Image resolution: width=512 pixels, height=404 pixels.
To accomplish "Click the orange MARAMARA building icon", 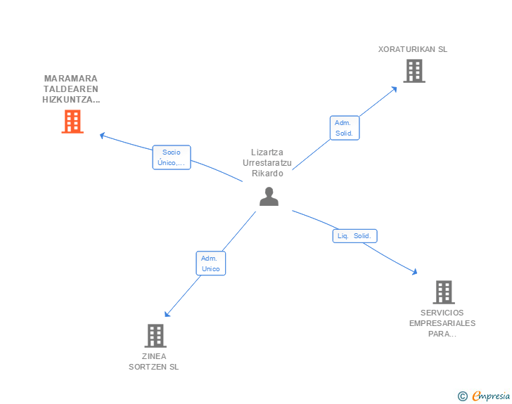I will [72, 122].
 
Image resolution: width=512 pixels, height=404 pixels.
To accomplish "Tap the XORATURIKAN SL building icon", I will [414, 71].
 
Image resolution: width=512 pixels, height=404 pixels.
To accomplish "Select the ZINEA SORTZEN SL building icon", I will [155, 336].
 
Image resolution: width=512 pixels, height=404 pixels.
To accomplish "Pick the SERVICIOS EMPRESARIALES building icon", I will [443, 292].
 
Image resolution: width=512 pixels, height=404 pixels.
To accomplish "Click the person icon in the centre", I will [269, 197].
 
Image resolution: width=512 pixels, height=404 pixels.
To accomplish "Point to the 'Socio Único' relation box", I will [172, 157].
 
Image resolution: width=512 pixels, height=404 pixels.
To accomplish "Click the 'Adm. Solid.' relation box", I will [345, 128].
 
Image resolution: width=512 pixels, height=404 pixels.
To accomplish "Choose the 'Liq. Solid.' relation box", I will [354, 236].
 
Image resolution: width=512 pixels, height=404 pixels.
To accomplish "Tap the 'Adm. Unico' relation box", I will [210, 263].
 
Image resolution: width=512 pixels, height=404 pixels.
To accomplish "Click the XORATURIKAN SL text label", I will [413, 49].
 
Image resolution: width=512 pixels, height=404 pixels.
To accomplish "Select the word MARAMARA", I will [70, 78].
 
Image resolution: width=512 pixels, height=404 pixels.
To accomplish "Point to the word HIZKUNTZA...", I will [70, 100].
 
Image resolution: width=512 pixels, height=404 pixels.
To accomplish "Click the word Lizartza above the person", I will [267, 152].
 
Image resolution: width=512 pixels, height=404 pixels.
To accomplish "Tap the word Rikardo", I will [267, 173].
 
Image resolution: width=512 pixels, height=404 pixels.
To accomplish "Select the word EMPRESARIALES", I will [442, 323].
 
